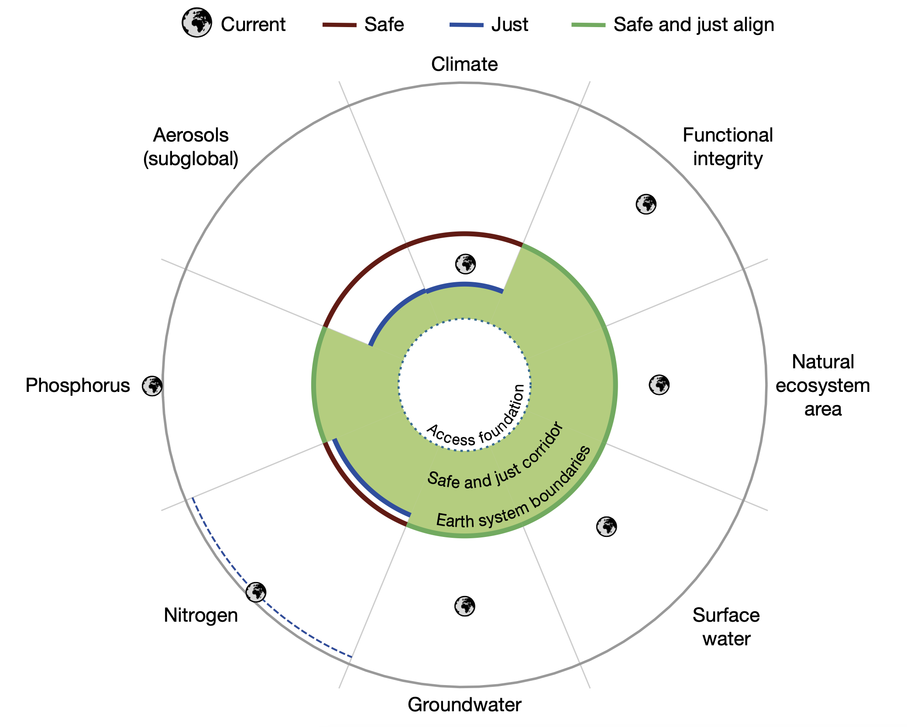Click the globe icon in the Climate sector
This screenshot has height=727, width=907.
(x=465, y=264)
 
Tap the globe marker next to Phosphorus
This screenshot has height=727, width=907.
(x=152, y=386)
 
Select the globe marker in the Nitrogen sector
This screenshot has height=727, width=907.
(x=256, y=592)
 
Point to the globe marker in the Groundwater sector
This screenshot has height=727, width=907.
(x=465, y=606)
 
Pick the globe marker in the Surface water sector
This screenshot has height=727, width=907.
(x=607, y=526)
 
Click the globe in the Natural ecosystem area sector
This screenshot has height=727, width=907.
(x=659, y=385)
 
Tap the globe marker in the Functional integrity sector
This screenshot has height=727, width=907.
(x=646, y=204)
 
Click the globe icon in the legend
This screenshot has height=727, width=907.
(x=197, y=22)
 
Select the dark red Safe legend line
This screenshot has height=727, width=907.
(x=340, y=25)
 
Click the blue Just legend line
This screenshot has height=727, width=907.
(x=467, y=25)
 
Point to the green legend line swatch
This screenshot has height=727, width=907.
(x=588, y=25)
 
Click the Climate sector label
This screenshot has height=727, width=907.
(x=464, y=64)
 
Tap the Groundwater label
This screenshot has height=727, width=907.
(x=464, y=704)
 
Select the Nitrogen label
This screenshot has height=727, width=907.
(x=201, y=615)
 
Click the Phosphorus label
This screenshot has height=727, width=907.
(x=78, y=385)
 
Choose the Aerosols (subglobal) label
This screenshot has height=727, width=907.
(x=191, y=147)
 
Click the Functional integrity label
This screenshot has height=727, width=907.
(x=728, y=147)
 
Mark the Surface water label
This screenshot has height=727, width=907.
(x=726, y=627)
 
